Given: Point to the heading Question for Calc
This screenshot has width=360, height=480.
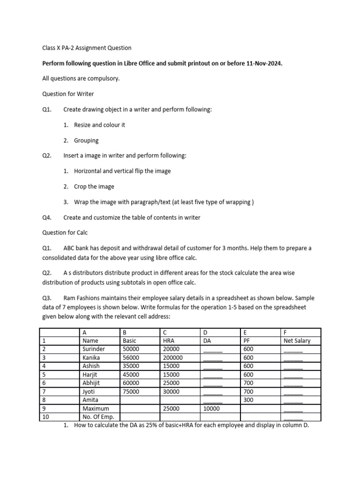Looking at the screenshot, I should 65,232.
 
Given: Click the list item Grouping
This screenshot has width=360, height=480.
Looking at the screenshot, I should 86,140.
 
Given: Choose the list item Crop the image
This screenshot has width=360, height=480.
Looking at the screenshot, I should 94,187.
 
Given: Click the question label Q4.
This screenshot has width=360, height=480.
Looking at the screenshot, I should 46,217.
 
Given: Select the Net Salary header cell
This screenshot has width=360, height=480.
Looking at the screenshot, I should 297,341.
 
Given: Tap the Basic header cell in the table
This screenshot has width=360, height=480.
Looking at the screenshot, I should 129,341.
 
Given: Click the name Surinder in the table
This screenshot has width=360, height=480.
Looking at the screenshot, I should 94,349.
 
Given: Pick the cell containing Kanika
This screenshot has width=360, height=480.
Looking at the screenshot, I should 92,358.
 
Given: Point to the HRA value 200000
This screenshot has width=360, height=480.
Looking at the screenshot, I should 173,358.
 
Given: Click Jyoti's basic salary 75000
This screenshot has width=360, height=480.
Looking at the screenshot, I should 131,391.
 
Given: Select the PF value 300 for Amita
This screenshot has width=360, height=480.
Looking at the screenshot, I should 248,400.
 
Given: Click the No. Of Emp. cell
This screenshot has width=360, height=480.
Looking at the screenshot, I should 98,417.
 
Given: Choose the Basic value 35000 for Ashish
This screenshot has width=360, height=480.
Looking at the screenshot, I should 131,366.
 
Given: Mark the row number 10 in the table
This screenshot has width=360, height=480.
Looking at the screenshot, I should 45,417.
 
